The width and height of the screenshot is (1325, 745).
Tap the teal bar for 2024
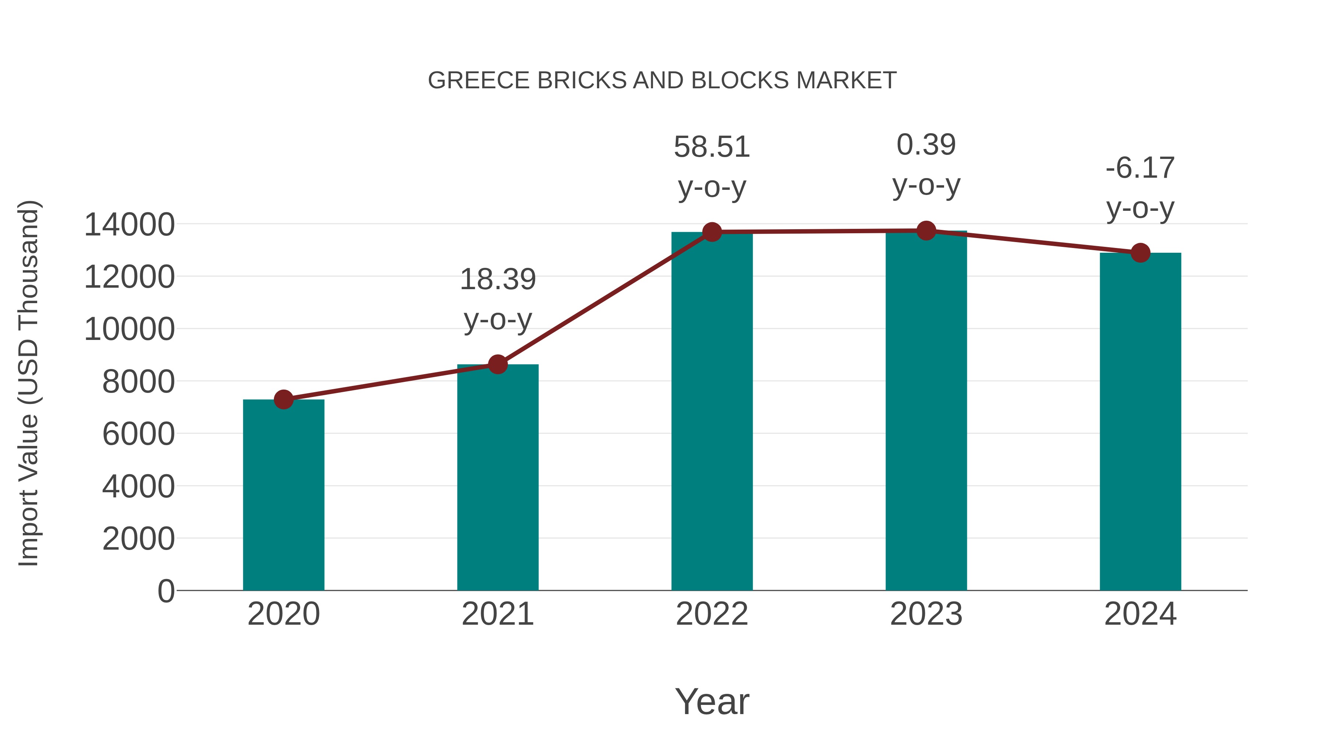click(1140, 422)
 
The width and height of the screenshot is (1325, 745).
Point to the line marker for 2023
click(926, 231)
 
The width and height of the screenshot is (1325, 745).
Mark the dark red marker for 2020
click(283, 400)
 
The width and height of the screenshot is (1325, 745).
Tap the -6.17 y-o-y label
click(1140, 188)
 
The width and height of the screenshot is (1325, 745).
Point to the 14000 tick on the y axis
click(129, 225)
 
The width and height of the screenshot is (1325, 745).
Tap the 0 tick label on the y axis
click(166, 591)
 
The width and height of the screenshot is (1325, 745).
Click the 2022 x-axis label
click(712, 614)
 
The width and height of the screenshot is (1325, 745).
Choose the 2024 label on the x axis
click(1140, 614)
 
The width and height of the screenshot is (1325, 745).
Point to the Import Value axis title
click(29, 383)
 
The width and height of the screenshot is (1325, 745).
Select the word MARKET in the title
click(846, 81)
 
